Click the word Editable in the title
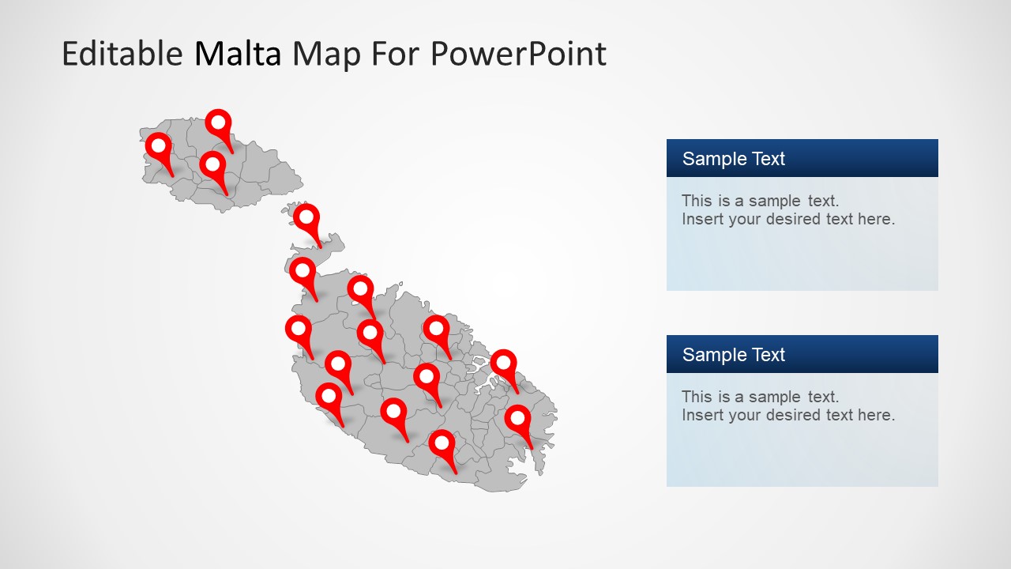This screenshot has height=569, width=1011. tap(122, 54)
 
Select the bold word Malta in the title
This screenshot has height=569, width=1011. tap(238, 54)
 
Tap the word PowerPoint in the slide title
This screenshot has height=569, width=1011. tap(518, 54)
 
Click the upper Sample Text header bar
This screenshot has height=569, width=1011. tap(802, 158)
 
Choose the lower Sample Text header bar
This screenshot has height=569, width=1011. tap(802, 354)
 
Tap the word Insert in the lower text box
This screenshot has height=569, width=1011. tap(702, 415)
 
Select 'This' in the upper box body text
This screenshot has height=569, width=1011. tap(697, 201)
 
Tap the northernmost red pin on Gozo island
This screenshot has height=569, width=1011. tap(218, 123)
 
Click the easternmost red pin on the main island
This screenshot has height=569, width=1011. tap(517, 418)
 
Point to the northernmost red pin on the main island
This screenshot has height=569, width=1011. tap(303, 270)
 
